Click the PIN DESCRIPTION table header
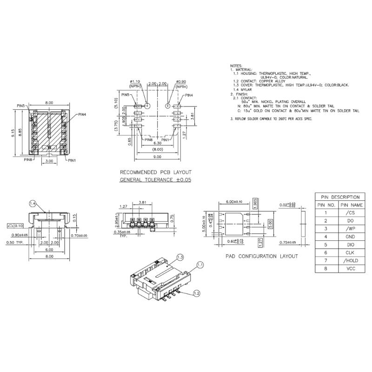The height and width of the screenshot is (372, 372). coord(339,197)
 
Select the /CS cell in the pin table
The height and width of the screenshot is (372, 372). coord(351,212)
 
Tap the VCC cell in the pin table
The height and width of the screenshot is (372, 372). coord(351,269)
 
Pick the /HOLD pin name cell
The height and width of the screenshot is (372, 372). coord(351,261)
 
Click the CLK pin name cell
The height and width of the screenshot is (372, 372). coord(351,252)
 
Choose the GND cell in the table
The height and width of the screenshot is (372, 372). coord(351,236)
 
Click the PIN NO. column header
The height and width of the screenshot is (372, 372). coord(326,204)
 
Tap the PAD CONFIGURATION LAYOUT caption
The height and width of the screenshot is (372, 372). coord(261,256)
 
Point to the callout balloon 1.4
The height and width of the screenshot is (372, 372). coord(33,203)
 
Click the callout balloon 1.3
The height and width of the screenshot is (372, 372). coord(180,257)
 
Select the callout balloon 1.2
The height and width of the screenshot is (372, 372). coord(197,293)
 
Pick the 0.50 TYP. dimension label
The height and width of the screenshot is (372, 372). coord(13,243)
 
